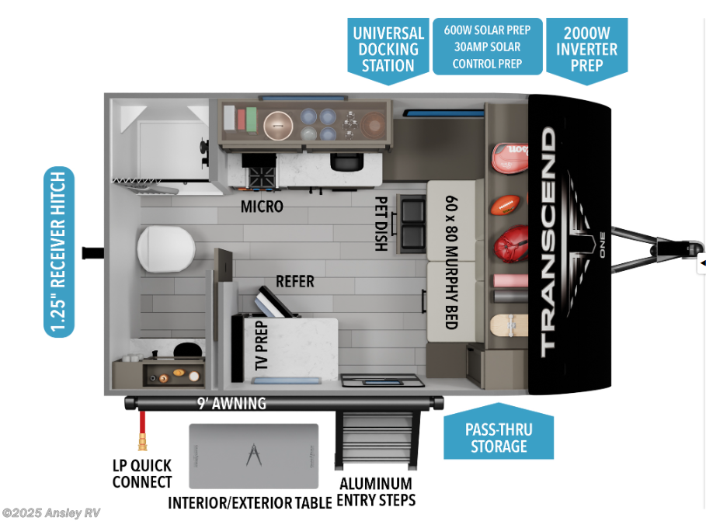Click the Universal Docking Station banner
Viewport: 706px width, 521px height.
[x=388, y=48]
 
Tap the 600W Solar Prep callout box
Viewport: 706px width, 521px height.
[x=487, y=47]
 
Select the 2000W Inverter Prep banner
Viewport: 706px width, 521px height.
[x=586, y=48]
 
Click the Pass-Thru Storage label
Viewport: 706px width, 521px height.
[x=499, y=438]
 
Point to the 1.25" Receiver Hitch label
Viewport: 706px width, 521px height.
[x=60, y=252]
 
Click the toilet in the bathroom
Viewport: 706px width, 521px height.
[x=164, y=249]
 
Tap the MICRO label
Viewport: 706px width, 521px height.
[x=262, y=207]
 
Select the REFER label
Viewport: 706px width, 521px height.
[x=294, y=281]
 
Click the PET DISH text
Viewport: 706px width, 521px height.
[x=381, y=222]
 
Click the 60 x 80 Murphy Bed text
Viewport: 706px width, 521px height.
[x=450, y=262]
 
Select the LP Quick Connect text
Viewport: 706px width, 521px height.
[x=142, y=474]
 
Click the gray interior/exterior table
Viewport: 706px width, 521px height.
[x=254, y=456]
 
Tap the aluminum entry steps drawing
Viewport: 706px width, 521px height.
[x=377, y=439]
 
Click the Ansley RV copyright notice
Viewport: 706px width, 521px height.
[x=51, y=512]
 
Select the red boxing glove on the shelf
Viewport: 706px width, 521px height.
[x=510, y=245]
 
